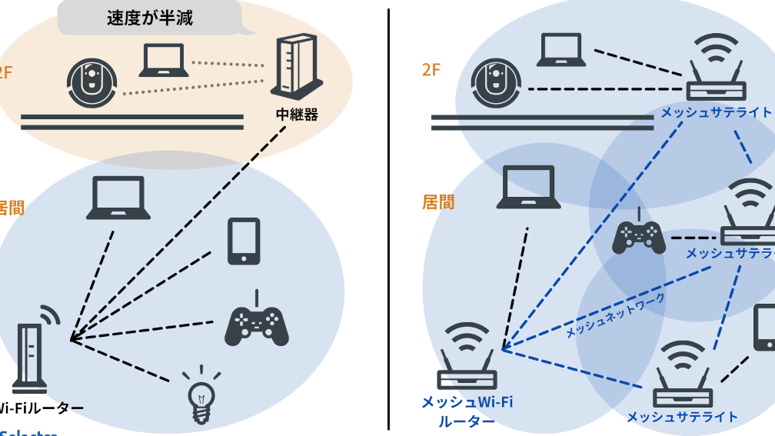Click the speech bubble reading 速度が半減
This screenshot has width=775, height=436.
[x=149, y=18]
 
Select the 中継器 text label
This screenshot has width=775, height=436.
[x=296, y=115]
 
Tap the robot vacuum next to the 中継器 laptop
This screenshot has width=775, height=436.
[x=92, y=82]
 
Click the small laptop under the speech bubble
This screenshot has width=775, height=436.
[x=163, y=61]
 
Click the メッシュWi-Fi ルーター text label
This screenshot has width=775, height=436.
[x=467, y=411]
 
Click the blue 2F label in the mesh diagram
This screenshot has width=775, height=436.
[x=431, y=70]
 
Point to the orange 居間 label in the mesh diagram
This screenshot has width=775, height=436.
[x=437, y=201]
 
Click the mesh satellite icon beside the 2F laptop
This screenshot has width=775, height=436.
[x=715, y=70]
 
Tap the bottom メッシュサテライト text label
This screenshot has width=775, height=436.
[x=682, y=417]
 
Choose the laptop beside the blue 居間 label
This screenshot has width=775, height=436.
[x=527, y=188]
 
